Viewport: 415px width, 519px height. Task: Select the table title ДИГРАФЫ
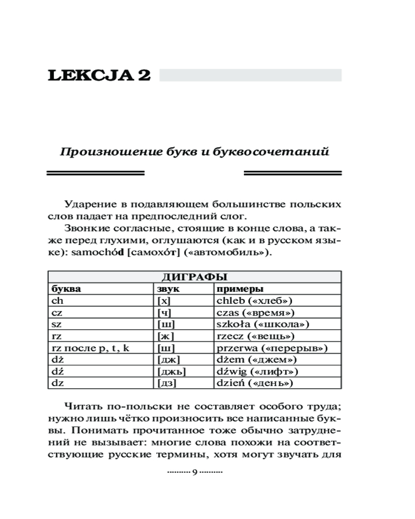[x=195, y=277]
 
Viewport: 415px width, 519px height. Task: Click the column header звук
[x=167, y=289]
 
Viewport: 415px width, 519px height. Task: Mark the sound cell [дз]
[x=167, y=384]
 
